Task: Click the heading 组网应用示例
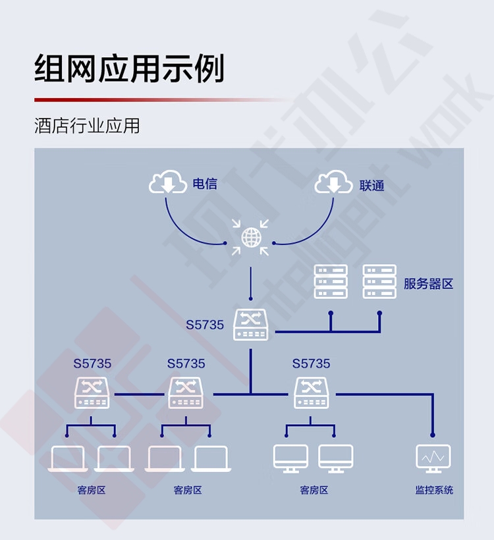click(x=130, y=68)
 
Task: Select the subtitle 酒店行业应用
click(x=87, y=125)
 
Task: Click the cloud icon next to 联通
click(x=333, y=182)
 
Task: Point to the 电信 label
click(x=205, y=184)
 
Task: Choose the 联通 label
click(x=371, y=186)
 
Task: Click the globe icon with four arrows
click(x=250, y=237)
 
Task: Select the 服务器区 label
click(x=428, y=284)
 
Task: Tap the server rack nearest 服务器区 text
click(x=379, y=281)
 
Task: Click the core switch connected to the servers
click(x=250, y=325)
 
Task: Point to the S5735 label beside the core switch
click(x=205, y=325)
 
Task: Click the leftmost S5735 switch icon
click(x=92, y=393)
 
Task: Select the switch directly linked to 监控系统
click(x=312, y=393)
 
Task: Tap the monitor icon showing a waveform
click(x=433, y=459)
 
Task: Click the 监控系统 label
click(x=434, y=490)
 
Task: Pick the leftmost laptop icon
click(x=67, y=459)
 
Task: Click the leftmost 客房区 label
click(x=92, y=490)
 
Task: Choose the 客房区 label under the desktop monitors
click(x=314, y=490)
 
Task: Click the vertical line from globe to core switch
click(x=250, y=283)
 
